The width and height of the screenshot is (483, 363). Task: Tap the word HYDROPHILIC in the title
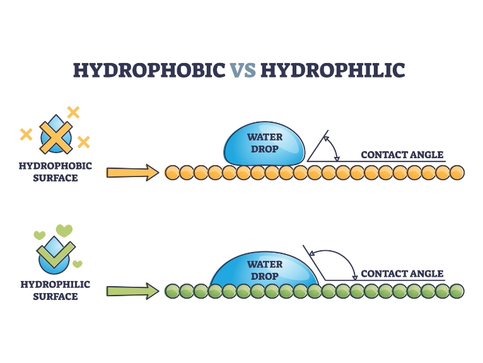coord(332,69)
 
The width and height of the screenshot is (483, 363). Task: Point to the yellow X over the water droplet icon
coord(55,135)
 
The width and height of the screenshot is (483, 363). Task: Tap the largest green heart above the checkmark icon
coord(64,230)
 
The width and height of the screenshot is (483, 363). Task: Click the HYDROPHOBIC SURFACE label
coord(56,172)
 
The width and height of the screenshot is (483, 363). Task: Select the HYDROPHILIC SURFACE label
coord(55,291)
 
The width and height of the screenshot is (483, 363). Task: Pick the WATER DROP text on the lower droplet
coord(265,270)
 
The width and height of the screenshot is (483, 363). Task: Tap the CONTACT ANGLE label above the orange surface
coord(402,155)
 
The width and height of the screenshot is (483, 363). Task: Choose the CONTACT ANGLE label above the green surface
coord(402,274)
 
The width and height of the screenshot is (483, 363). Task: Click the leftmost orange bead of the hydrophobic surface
coord(172,172)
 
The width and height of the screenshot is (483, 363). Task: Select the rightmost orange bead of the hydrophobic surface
coord(457,172)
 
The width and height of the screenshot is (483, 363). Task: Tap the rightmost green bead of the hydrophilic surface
coord(457,291)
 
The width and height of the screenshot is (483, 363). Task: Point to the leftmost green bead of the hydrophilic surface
coord(172,291)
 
